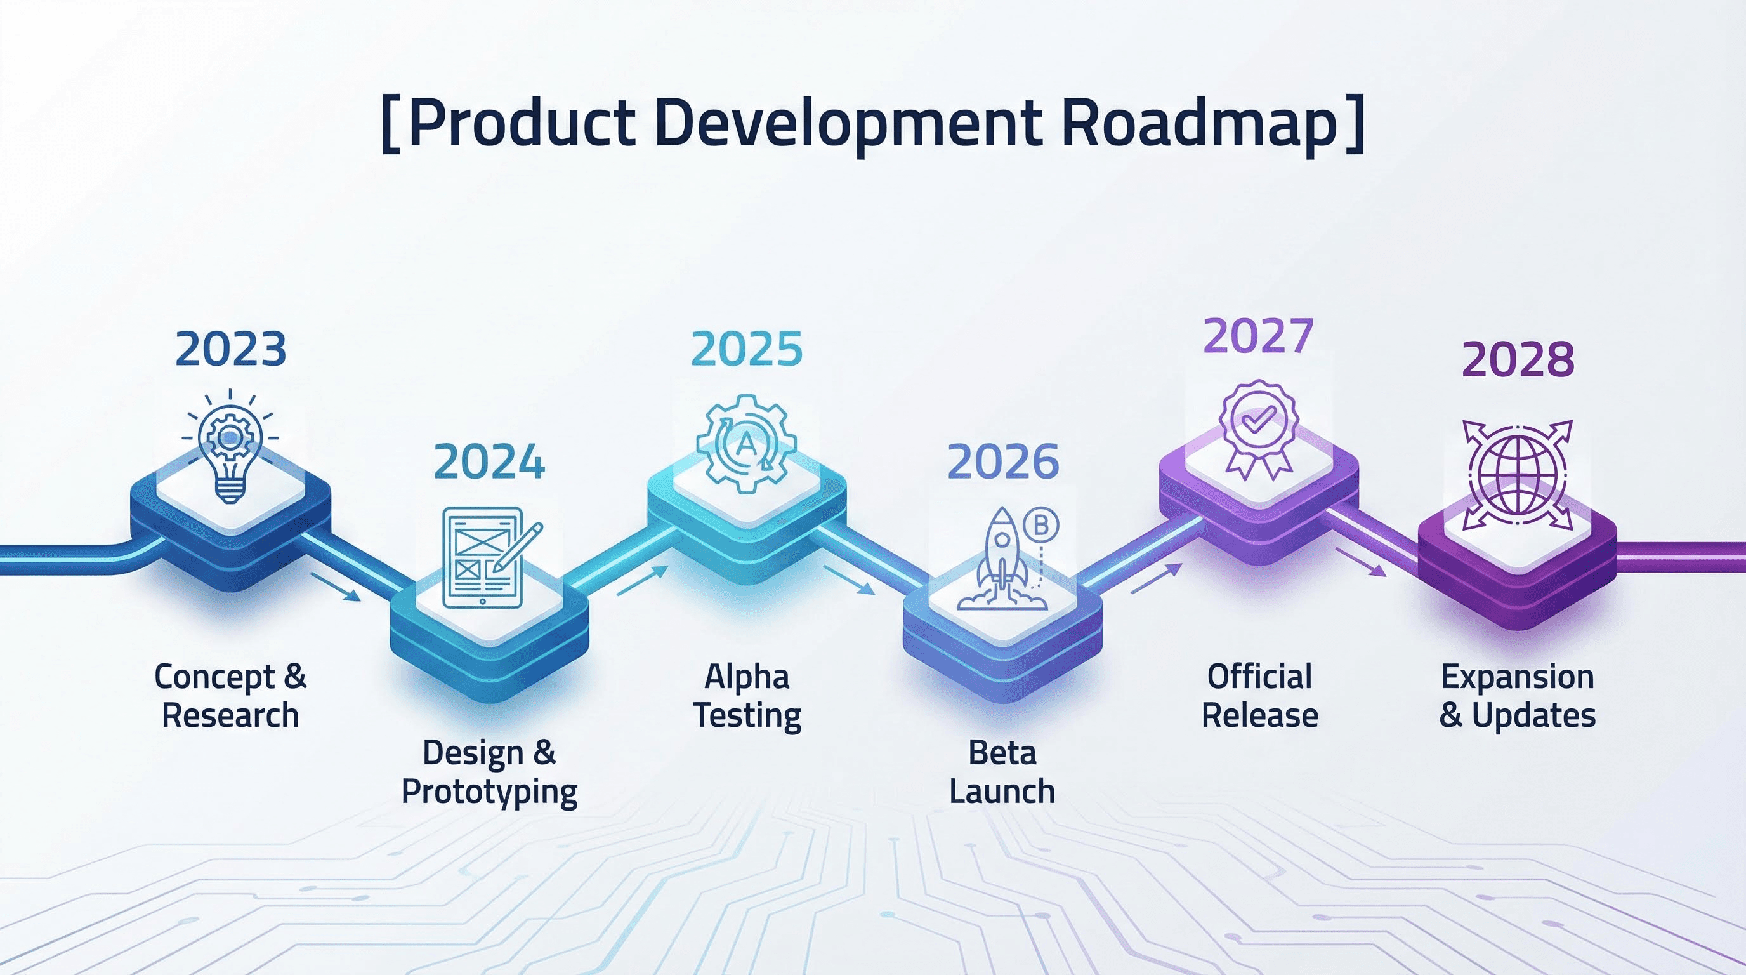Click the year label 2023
(x=230, y=350)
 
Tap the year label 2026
(x=1002, y=461)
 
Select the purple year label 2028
(x=1518, y=359)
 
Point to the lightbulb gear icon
(x=230, y=447)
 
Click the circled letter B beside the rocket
(x=1041, y=525)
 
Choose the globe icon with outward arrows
(x=1517, y=475)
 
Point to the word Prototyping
(x=489, y=792)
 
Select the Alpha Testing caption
(x=747, y=696)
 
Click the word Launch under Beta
(x=1002, y=792)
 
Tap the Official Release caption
(x=1259, y=696)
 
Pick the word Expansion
(x=1517, y=677)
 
